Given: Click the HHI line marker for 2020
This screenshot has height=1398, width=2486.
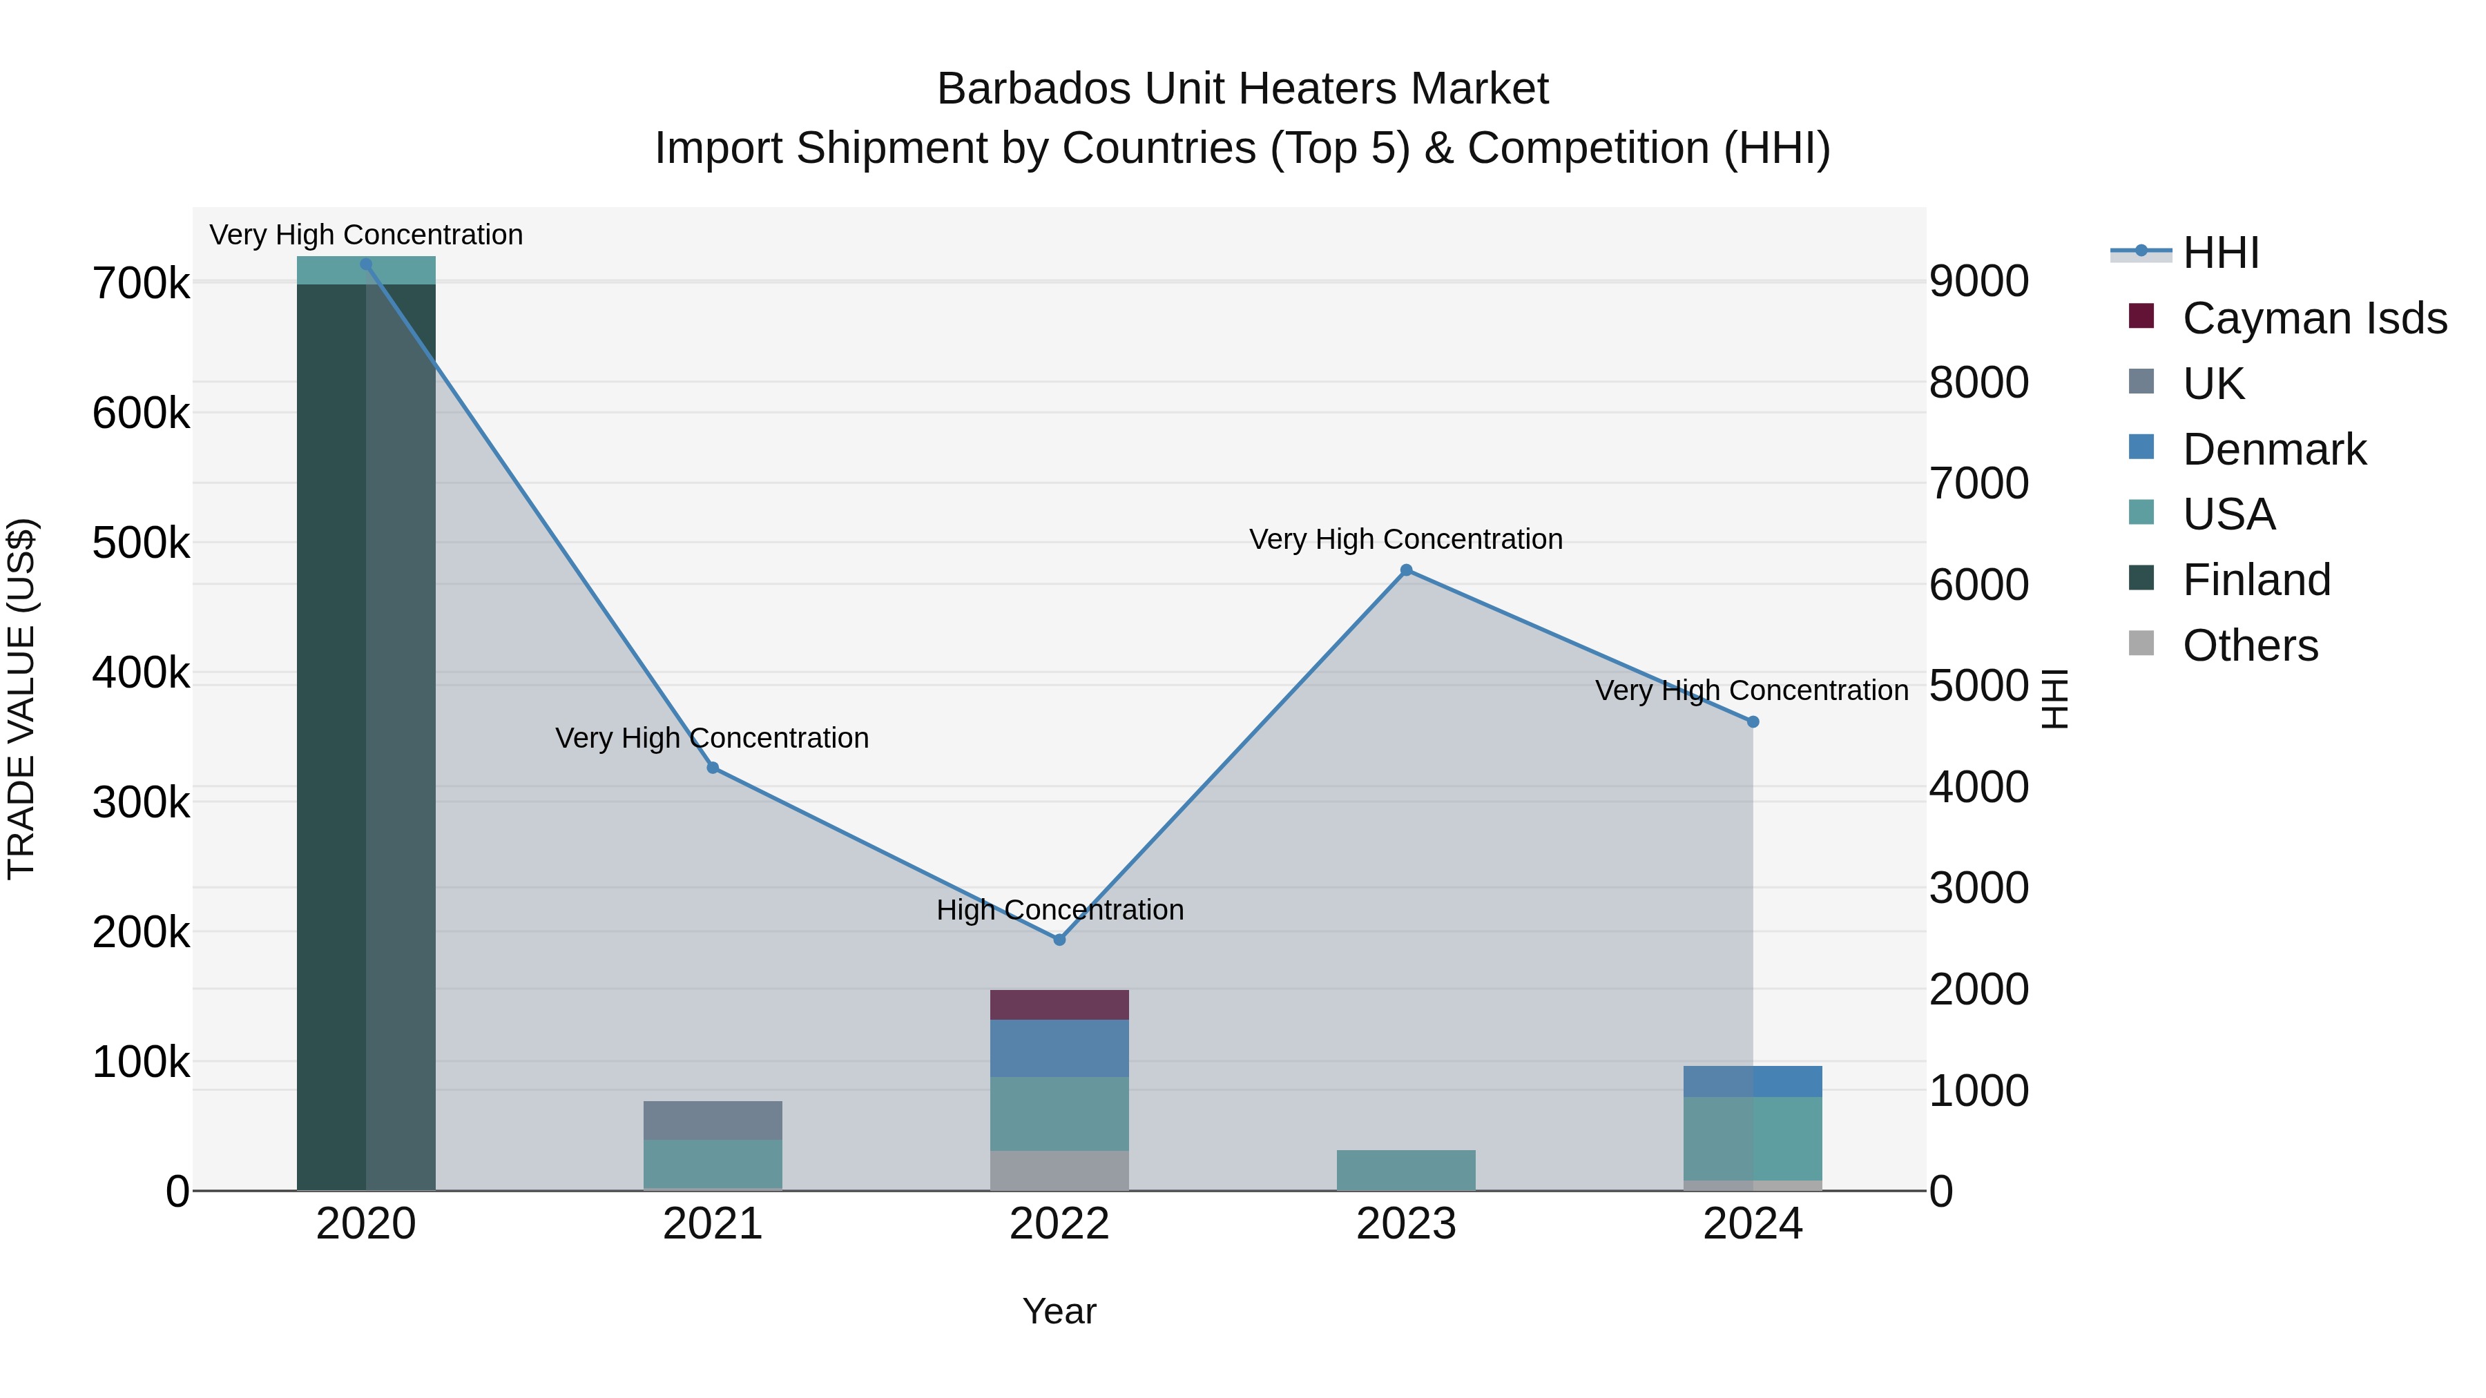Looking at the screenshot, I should tap(366, 264).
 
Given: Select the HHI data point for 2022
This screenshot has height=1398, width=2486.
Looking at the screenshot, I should tap(1059, 940).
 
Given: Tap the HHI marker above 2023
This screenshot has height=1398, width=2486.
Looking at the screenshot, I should tap(1406, 570).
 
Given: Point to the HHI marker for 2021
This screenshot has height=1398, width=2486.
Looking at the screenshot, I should tap(712, 768).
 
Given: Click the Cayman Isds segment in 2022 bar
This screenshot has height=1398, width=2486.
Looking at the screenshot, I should tap(1059, 1004).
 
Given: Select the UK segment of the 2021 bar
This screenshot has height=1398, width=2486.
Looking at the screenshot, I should tap(712, 1120).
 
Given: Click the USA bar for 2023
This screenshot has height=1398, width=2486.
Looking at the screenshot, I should tap(1406, 1169).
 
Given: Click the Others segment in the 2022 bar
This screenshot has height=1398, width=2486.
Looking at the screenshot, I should tap(1059, 1169).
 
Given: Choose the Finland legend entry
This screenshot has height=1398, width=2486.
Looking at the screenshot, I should tap(2255, 580).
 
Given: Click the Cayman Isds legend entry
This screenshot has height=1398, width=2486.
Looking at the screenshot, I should tap(2313, 318).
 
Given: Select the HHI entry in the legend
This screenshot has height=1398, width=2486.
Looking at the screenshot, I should tap(2219, 253).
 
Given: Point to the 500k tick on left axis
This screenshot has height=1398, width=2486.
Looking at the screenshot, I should tap(141, 543).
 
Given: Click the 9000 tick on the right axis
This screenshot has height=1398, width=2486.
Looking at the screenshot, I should tap(1978, 282).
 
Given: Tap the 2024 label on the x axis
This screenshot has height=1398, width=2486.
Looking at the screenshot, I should tap(1753, 1224).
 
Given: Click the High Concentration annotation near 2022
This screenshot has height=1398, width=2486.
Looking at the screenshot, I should tap(1059, 910).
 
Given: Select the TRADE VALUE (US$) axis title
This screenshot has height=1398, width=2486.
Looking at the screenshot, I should tap(21, 699).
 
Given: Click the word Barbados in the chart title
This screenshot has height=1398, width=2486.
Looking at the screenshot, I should tap(1034, 89).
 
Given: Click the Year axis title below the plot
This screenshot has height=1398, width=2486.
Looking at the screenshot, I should tap(1059, 1311).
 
